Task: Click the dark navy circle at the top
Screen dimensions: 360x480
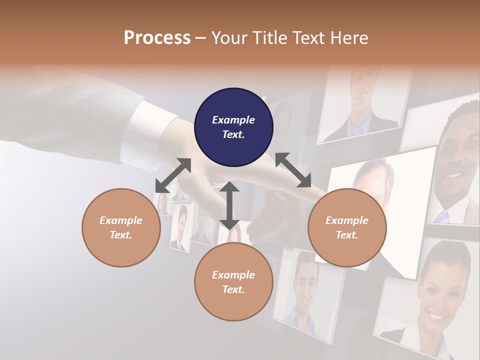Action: (x=233, y=127)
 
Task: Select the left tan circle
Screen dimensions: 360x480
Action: (x=121, y=227)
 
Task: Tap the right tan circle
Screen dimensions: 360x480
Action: (x=346, y=227)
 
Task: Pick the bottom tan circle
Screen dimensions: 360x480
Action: (x=233, y=282)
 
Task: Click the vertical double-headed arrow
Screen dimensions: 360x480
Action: (x=229, y=205)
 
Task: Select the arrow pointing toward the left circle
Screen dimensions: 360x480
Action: (x=173, y=175)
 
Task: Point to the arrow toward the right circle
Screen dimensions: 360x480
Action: (x=293, y=170)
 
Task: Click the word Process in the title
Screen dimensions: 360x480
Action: (x=157, y=37)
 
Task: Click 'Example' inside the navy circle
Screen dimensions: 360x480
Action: (x=233, y=120)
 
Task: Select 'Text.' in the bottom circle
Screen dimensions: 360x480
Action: (x=233, y=289)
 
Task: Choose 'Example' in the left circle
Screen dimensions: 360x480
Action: (x=121, y=220)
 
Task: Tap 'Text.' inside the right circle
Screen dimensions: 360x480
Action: (x=346, y=235)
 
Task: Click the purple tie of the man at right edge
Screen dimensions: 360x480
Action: (x=442, y=217)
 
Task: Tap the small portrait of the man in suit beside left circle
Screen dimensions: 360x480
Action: (x=181, y=227)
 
